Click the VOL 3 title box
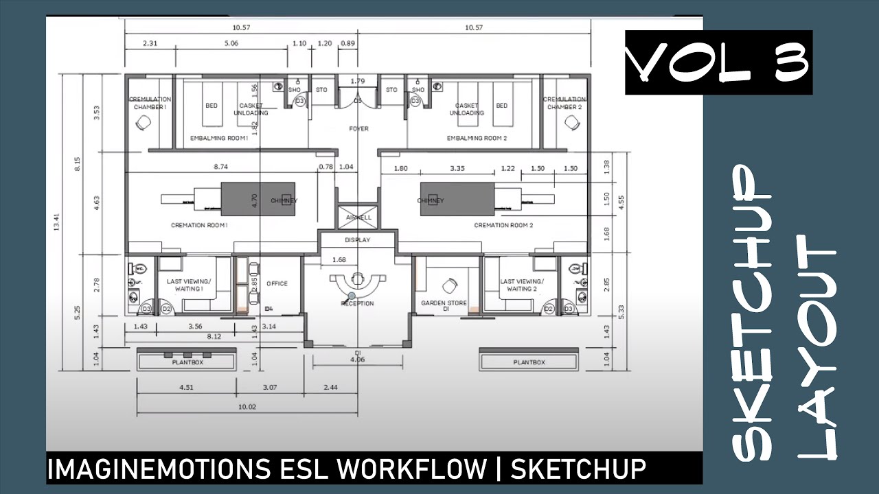click(x=718, y=62)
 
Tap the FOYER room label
click(x=358, y=128)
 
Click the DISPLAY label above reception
click(x=358, y=240)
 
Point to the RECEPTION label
click(x=358, y=303)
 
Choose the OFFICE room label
click(x=277, y=283)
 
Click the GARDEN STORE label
click(x=444, y=303)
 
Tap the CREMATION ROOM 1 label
click(x=199, y=225)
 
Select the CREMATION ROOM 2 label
click(x=503, y=225)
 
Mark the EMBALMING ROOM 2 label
click(x=477, y=138)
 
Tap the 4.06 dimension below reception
click(x=357, y=359)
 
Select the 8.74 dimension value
click(x=220, y=167)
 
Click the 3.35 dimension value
click(x=457, y=168)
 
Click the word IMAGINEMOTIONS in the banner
click(x=157, y=469)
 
